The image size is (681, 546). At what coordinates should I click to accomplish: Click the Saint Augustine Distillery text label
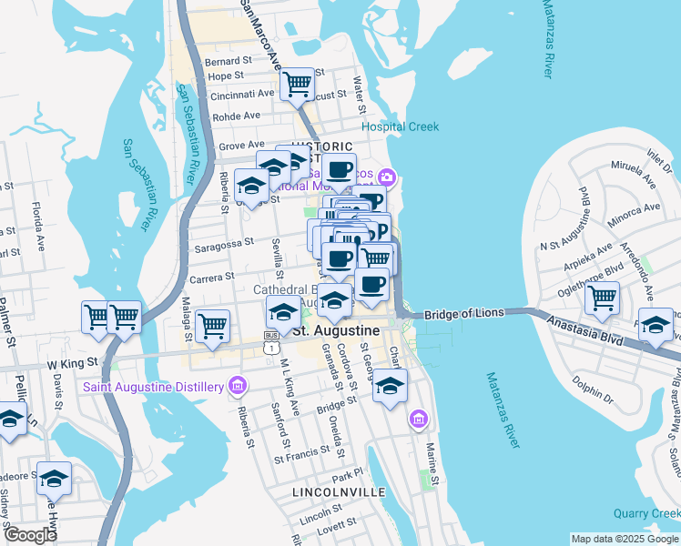153,387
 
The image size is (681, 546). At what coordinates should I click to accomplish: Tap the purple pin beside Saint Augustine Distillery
239,387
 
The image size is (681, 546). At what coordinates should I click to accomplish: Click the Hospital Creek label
400,126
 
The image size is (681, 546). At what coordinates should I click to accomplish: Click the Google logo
30,535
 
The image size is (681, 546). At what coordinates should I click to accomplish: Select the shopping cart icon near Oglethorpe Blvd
602,297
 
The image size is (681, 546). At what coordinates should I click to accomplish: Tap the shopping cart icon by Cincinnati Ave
298,84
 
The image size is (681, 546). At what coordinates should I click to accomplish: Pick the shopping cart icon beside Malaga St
212,324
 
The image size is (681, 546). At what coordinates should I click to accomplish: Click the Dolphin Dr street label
595,392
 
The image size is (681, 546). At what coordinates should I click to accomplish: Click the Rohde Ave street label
236,116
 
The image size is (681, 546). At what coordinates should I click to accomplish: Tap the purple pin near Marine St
418,420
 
